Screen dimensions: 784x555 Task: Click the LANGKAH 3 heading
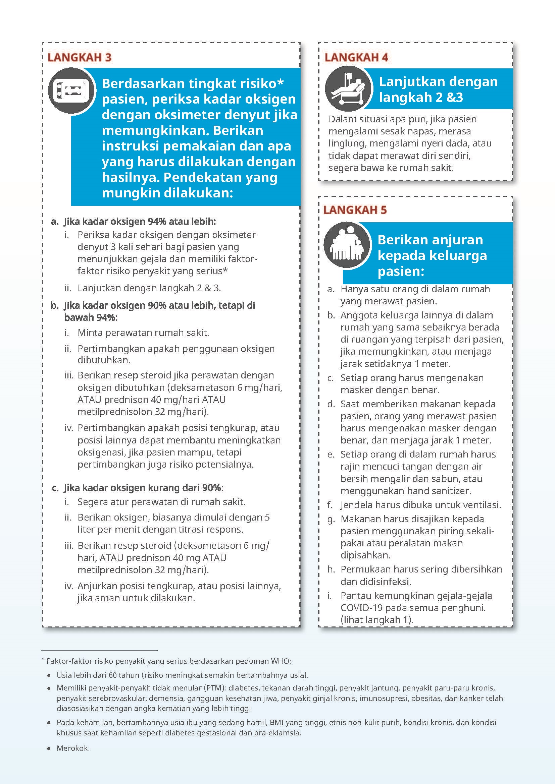79,57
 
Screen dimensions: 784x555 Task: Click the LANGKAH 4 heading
356,57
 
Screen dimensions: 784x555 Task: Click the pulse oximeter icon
71,91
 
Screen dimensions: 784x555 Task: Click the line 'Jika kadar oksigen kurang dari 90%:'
144,488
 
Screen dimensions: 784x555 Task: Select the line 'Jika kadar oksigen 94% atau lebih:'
140,222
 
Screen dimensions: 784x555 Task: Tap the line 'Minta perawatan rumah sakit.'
143,333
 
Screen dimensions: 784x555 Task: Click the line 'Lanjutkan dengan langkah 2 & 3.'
149,288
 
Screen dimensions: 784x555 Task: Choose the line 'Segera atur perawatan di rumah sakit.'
161,502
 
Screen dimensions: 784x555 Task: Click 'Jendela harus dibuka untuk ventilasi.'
421,505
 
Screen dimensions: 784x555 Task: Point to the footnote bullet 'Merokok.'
73,748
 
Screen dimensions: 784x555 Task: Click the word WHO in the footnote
281,661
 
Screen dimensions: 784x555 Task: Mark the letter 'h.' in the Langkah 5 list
331,569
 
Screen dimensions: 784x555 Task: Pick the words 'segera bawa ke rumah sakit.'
391,168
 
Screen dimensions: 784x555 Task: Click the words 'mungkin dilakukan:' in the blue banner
167,193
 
